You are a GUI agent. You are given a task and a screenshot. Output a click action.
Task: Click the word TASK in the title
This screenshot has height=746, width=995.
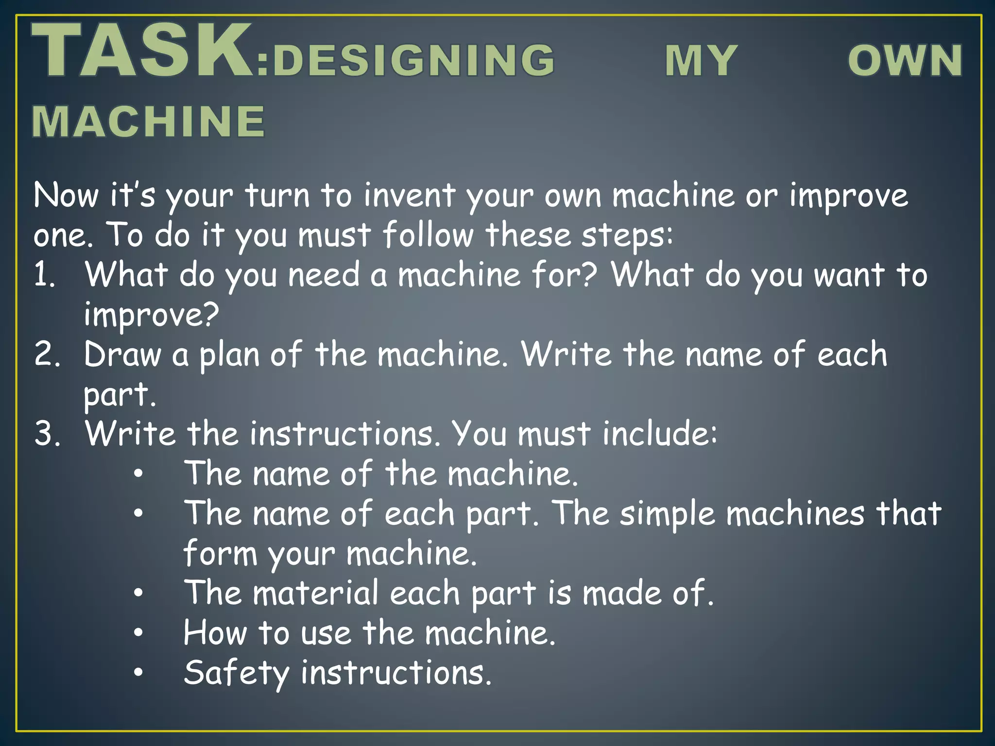(142, 51)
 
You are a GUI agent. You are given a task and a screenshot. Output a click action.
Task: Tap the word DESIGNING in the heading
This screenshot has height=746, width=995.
(413, 61)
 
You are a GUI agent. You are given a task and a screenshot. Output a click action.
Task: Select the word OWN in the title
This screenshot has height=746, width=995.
(905, 61)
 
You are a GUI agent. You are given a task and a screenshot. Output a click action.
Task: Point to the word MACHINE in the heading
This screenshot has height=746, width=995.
(149, 121)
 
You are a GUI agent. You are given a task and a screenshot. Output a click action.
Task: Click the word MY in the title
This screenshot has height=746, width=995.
(701, 61)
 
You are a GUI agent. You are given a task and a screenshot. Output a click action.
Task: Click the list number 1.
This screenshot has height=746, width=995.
(44, 275)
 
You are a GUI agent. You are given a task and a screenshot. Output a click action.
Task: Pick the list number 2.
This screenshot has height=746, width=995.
(47, 355)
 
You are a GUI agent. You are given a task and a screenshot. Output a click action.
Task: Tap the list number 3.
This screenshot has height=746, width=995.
(47, 434)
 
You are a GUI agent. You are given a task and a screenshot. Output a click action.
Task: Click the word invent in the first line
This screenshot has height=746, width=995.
(410, 195)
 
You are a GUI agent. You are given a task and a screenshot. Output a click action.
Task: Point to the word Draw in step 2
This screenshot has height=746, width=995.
(122, 355)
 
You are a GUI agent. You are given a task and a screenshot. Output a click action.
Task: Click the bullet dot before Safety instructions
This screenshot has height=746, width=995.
(138, 673)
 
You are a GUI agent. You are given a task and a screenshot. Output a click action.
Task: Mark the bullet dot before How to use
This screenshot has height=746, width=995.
(138, 633)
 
